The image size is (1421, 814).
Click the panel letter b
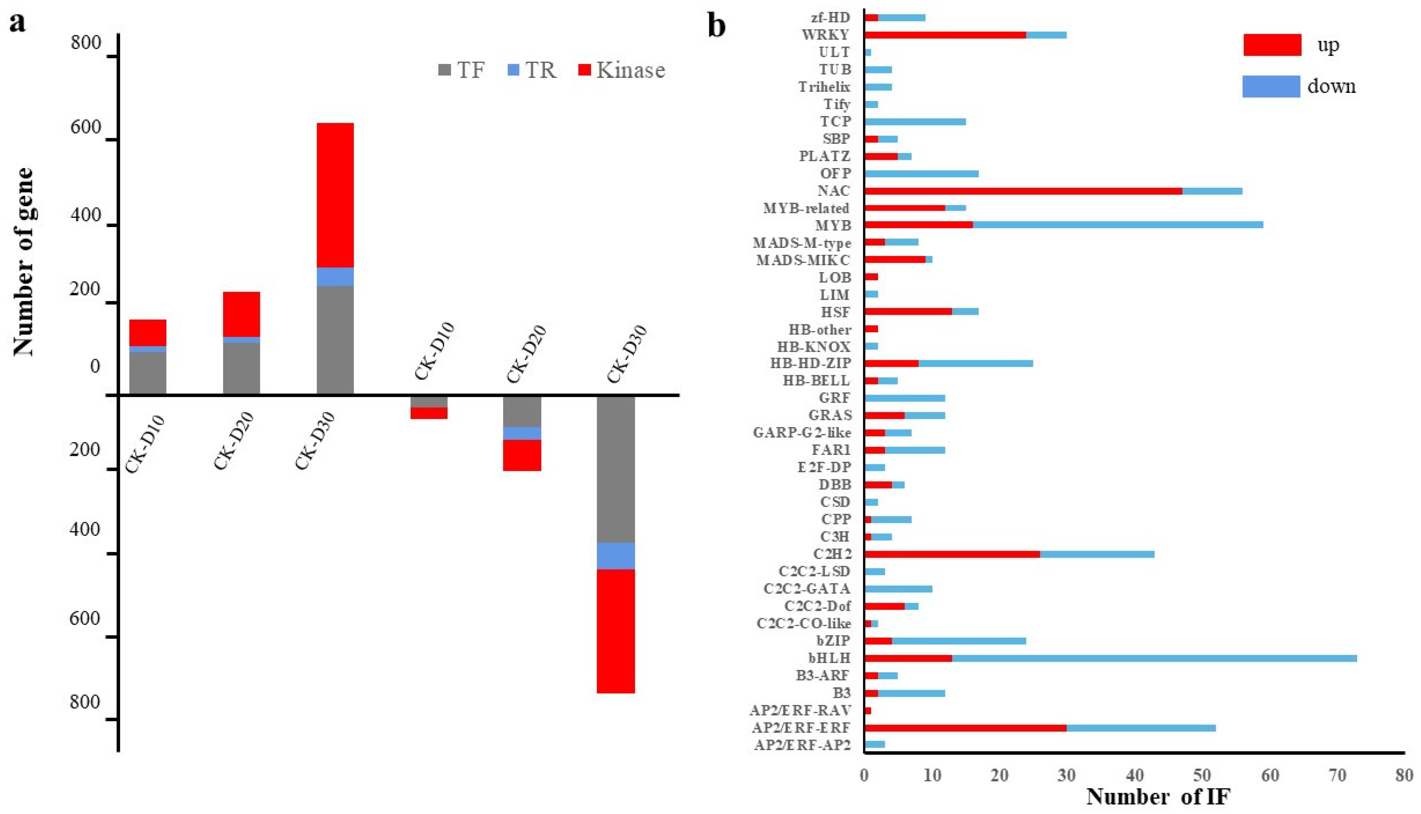[717, 26]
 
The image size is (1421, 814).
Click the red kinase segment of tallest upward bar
[335, 195]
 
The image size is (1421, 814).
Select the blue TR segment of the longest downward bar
[615, 556]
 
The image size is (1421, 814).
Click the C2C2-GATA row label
[807, 589]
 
